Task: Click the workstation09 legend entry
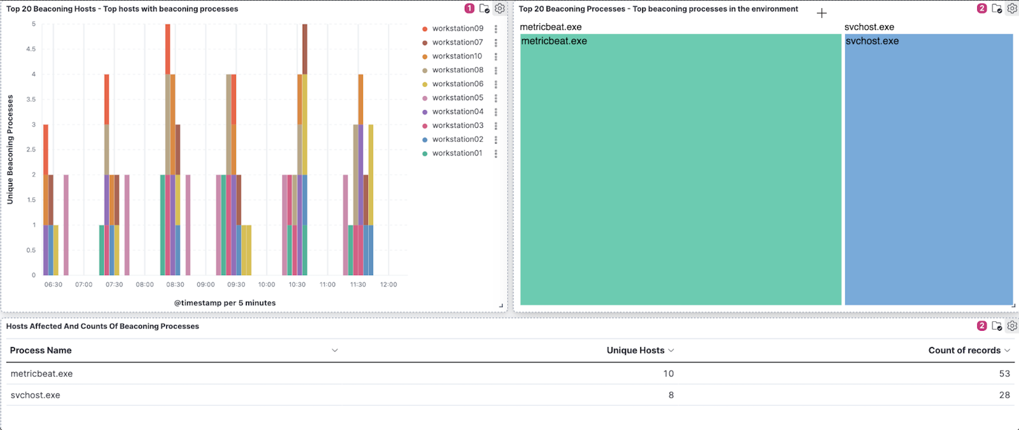point(457,28)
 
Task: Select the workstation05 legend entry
point(457,98)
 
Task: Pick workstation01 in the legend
point(457,153)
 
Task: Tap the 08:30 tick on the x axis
point(175,284)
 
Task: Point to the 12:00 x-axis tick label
point(388,284)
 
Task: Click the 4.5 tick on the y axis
point(31,49)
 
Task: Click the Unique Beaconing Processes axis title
point(10,150)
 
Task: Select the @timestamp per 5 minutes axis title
point(225,303)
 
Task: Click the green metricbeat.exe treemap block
point(680,170)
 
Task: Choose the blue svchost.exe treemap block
point(928,170)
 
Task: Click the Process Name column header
point(41,350)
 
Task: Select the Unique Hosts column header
point(635,350)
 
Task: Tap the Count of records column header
point(964,350)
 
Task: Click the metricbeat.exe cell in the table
point(41,374)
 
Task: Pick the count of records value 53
point(1004,374)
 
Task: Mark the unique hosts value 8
point(671,395)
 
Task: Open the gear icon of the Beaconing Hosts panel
point(500,8)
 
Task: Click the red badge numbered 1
point(469,8)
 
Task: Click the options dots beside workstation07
point(496,42)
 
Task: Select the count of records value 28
point(1004,395)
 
